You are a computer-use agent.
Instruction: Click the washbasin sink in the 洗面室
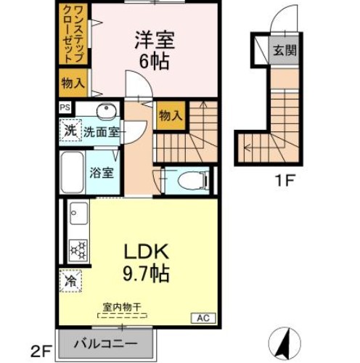point(105,111)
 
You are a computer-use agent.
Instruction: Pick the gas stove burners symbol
point(78,250)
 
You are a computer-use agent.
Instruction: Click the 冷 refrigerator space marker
point(71,280)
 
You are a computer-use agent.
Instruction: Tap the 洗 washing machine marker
point(70,131)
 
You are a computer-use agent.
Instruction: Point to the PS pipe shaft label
point(65,109)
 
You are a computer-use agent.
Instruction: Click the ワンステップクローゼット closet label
point(72,37)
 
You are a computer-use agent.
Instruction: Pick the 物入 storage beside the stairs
point(169,115)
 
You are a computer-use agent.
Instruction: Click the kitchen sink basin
point(78,214)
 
